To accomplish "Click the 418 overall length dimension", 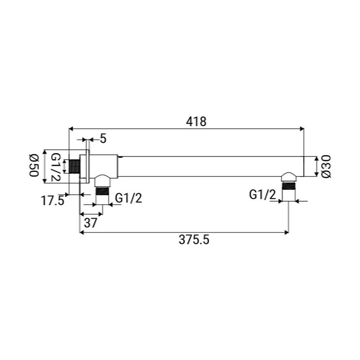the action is pos(196,121).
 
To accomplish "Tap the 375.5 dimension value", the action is pos(194,240).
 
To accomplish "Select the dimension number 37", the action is pos(91,223).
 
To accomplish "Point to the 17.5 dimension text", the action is pos(53,200).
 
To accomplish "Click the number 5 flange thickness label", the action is pos(103,139).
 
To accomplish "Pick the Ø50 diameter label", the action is pos(34,166).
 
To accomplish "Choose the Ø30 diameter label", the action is pos(326,166).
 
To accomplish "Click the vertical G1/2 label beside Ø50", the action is pos(55,167).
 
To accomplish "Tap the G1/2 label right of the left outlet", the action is pos(129,198).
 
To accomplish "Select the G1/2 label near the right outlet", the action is pos(262,195).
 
